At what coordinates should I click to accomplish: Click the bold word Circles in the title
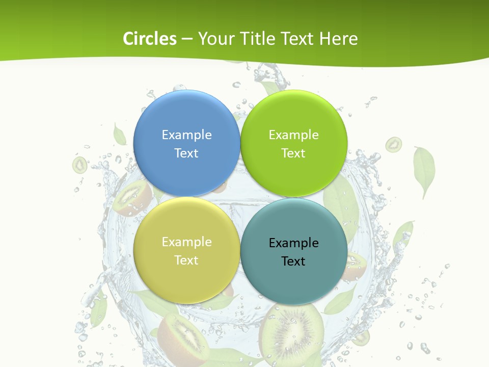click(150, 39)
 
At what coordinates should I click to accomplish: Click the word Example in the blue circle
click(186, 135)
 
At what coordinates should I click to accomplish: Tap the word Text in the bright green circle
click(293, 153)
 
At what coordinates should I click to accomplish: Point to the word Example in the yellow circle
click(186, 242)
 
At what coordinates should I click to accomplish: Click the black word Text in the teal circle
click(293, 261)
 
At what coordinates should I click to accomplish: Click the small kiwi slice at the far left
click(79, 165)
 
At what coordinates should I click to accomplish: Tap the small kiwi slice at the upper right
click(393, 145)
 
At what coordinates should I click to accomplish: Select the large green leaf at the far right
click(424, 170)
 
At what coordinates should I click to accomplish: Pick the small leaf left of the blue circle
click(120, 135)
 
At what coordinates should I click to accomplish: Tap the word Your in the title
click(216, 39)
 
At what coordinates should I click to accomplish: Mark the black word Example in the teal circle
click(293, 243)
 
